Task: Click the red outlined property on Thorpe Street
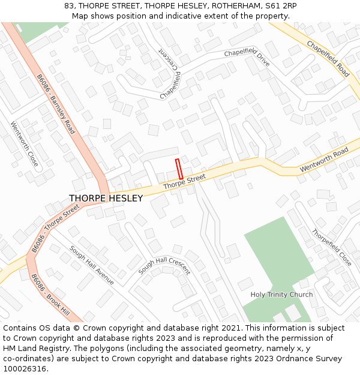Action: tap(178, 167)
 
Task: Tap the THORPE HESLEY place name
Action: tap(106, 199)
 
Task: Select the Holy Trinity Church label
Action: tap(281, 295)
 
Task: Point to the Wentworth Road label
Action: tap(324, 159)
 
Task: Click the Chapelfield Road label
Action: tap(328, 59)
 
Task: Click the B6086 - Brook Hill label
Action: tap(50, 296)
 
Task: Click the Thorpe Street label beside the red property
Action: tap(184, 181)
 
